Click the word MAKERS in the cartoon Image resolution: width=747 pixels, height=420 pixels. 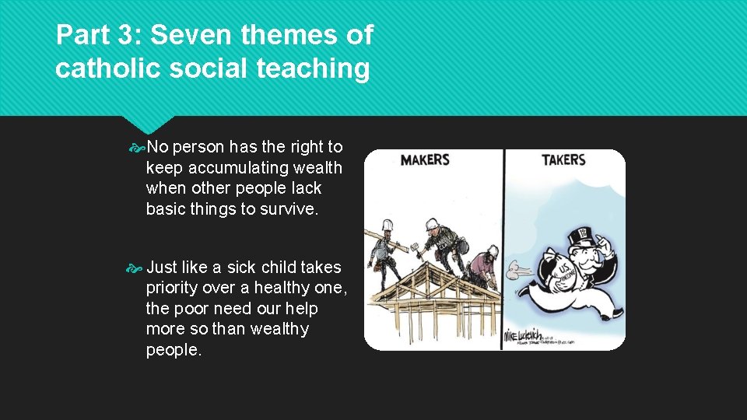[425, 160]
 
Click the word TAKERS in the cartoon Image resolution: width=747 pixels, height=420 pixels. [563, 160]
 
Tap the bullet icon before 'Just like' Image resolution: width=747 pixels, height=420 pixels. [136, 268]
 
